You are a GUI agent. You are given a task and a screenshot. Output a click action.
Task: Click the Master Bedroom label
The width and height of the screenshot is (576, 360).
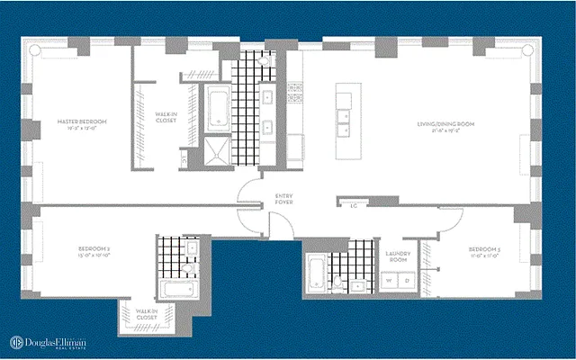[82, 123]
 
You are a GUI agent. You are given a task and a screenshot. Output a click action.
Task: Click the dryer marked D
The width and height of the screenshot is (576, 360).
[407, 281]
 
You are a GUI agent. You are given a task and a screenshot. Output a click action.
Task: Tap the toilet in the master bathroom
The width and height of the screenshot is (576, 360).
[184, 161]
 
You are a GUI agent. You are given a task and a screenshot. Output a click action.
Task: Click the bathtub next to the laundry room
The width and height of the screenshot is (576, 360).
[315, 274]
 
